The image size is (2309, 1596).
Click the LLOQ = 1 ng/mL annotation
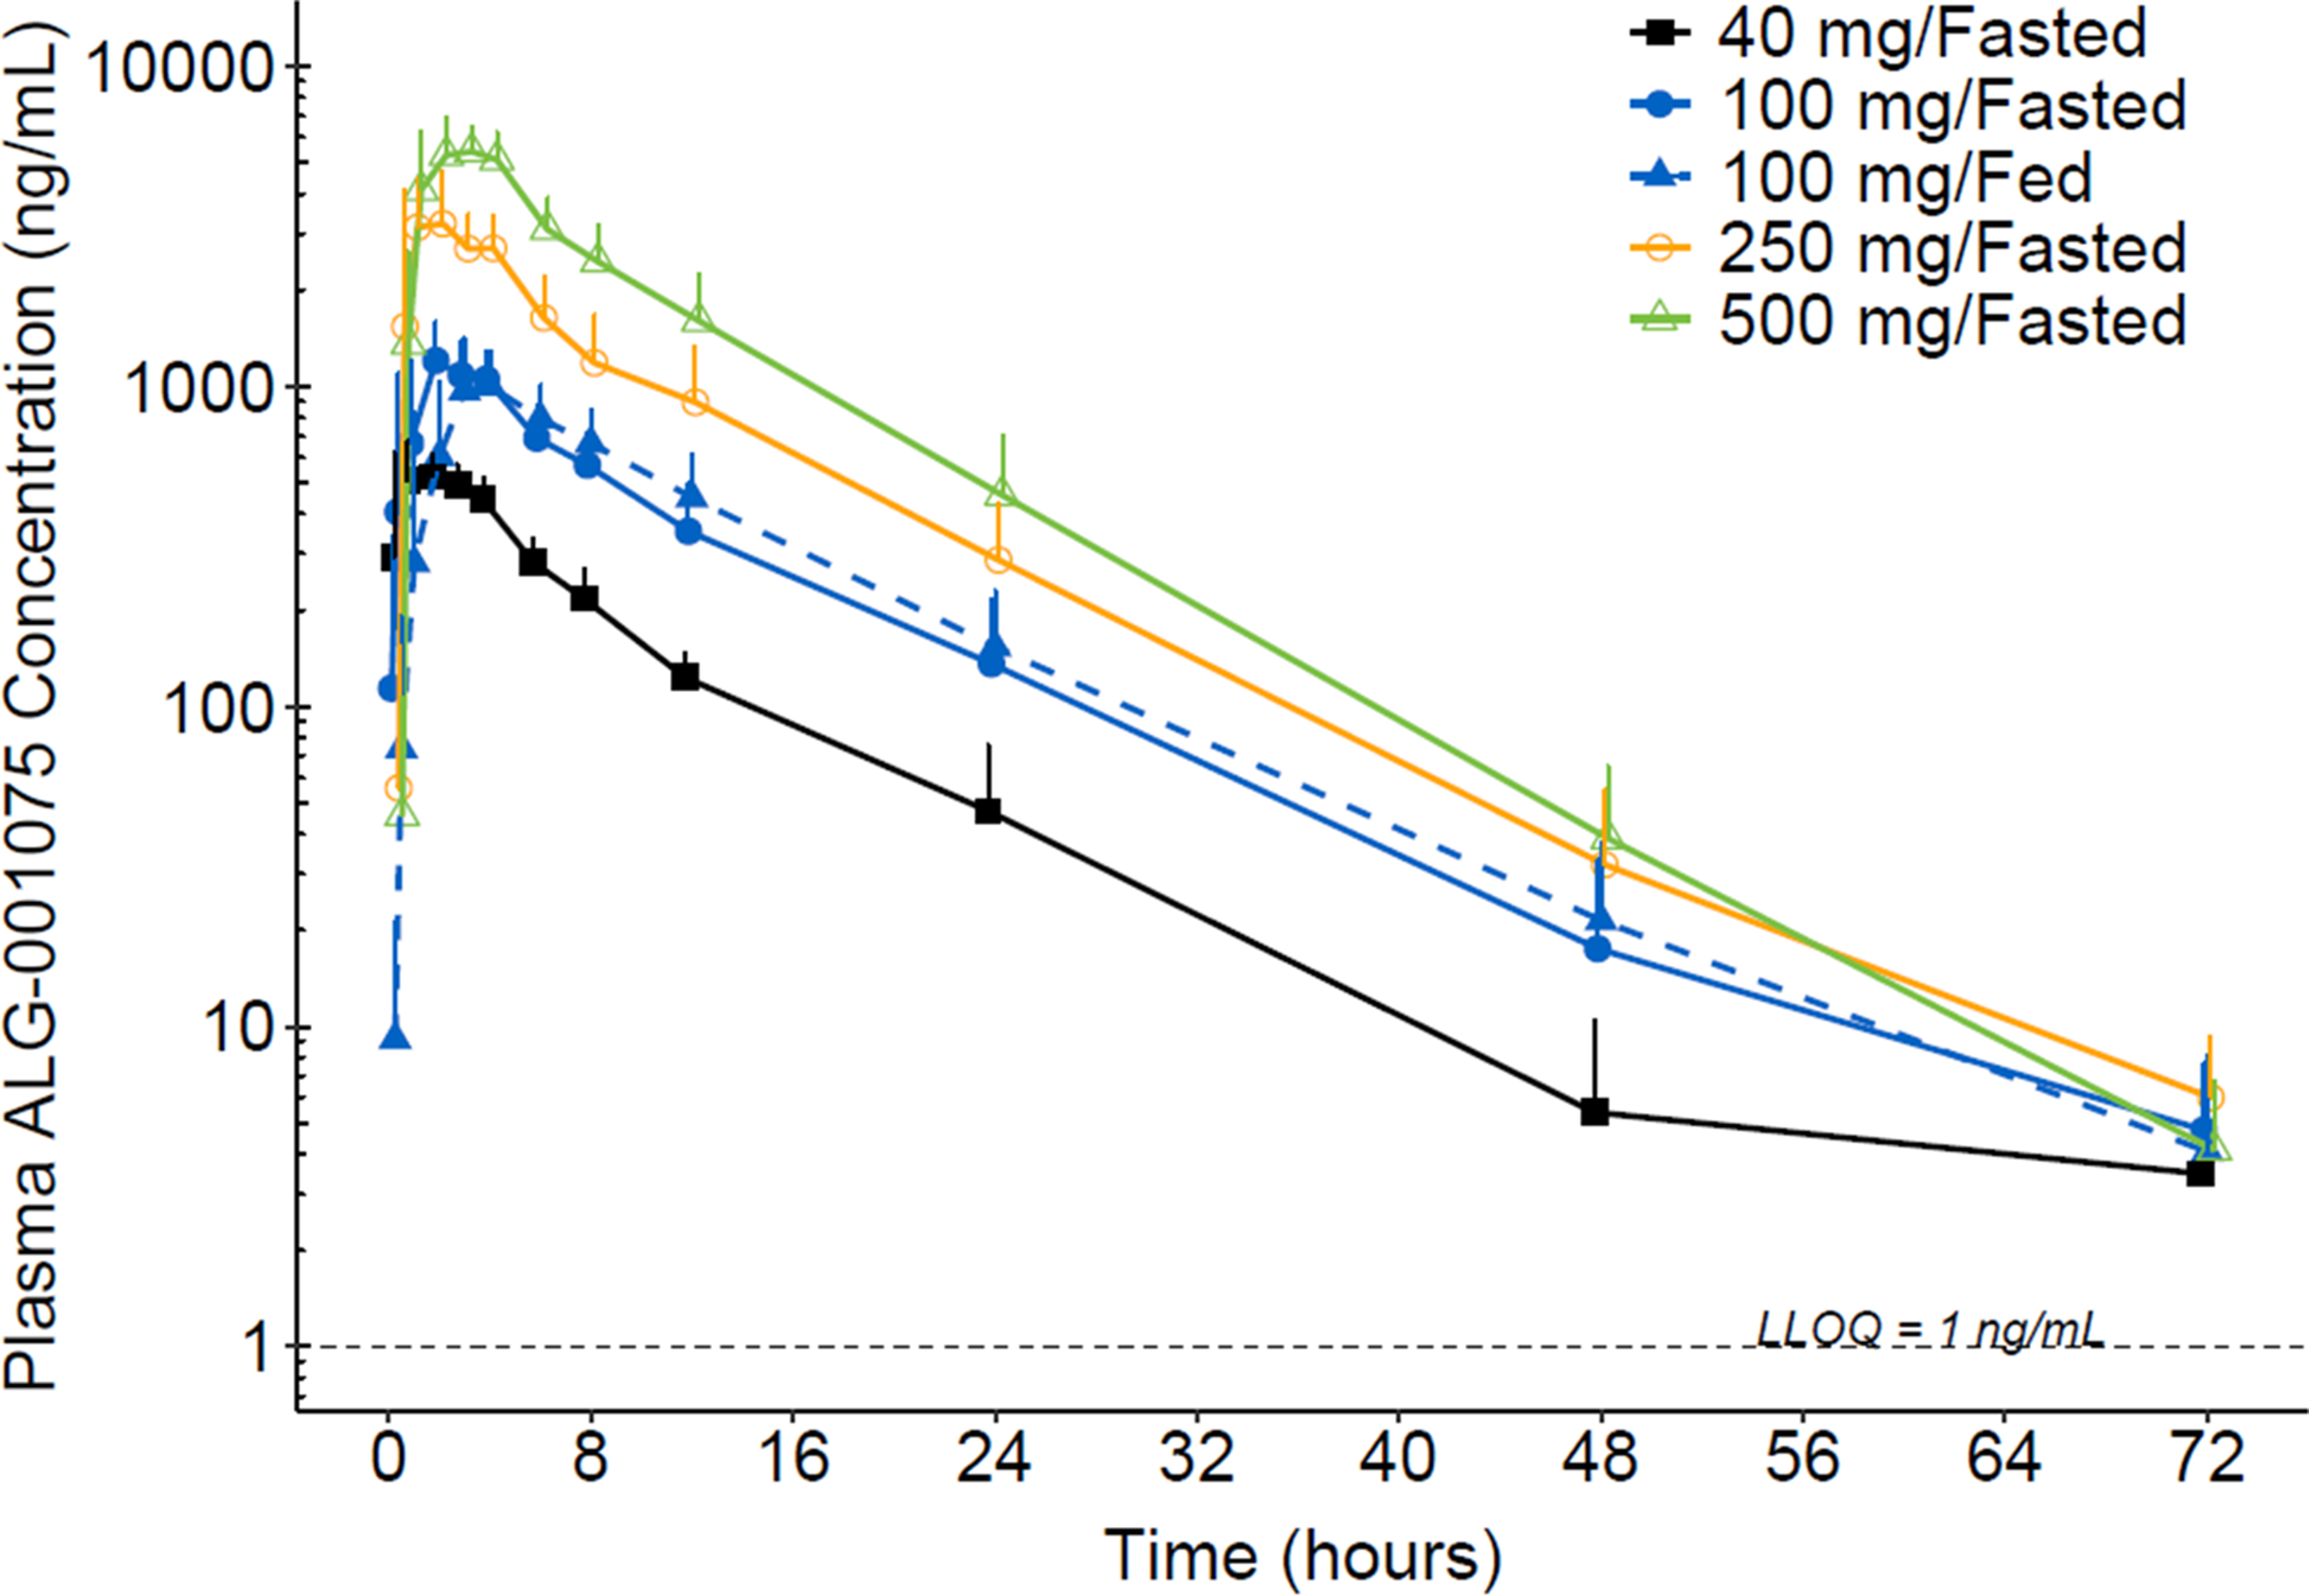(x=1929, y=1327)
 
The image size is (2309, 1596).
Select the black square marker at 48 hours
(x=1594, y=1111)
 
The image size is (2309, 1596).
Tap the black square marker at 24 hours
(x=988, y=810)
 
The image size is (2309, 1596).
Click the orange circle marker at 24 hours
(x=998, y=559)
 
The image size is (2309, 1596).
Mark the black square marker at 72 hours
(x=2200, y=1174)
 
